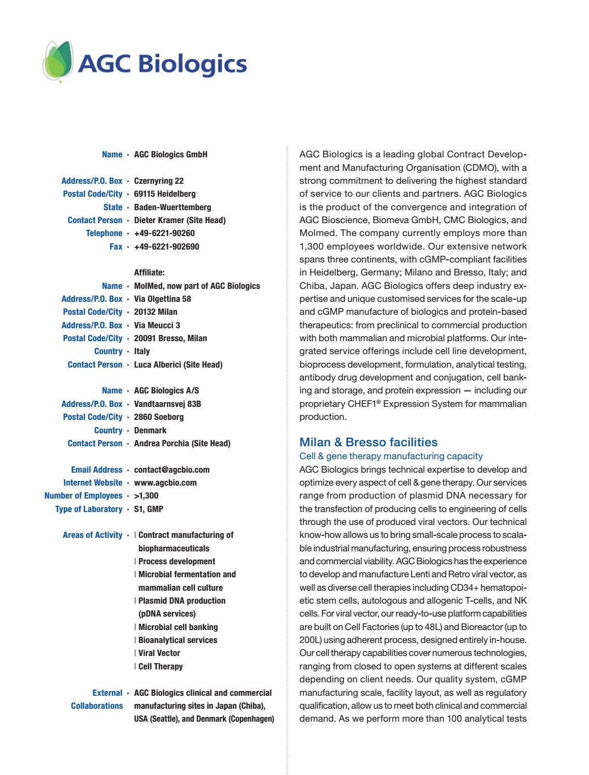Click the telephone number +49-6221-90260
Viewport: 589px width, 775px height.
click(x=164, y=233)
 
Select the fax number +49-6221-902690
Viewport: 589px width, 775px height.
click(x=166, y=246)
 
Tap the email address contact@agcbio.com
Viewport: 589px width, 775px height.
click(x=171, y=470)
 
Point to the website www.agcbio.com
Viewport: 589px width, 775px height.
click(x=165, y=483)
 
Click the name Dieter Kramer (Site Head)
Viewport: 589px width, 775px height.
click(x=180, y=221)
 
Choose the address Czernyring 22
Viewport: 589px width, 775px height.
click(x=158, y=181)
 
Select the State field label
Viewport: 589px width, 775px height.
click(x=113, y=207)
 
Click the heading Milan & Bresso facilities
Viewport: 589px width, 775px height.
click(x=368, y=442)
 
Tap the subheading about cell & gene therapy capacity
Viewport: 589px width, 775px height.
click(x=391, y=456)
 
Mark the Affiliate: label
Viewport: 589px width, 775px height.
click(x=149, y=273)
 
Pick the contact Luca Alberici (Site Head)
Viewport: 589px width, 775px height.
click(x=178, y=365)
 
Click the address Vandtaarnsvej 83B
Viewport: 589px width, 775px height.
click(x=167, y=404)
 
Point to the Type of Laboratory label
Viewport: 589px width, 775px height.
click(x=89, y=509)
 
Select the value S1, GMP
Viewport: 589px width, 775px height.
click(x=149, y=509)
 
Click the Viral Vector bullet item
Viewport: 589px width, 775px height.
click(x=159, y=653)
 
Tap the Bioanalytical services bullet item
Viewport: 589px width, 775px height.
click(x=178, y=640)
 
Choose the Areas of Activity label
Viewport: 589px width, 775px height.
click(x=92, y=535)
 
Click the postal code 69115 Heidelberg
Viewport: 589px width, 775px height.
click(x=165, y=194)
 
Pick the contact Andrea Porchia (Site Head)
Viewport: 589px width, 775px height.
click(x=182, y=444)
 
